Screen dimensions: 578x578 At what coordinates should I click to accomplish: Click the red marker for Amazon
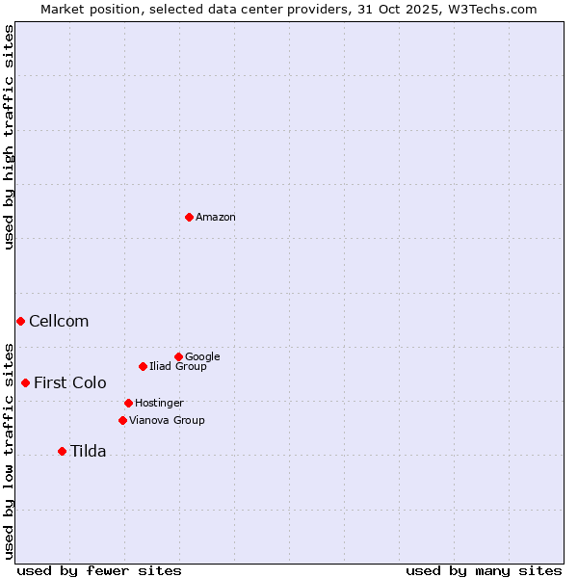[x=189, y=217]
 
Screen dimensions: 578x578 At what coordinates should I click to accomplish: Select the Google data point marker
[x=178, y=356]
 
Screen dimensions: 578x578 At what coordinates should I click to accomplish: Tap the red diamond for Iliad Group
[x=143, y=366]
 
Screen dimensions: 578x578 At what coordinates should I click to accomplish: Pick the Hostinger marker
[x=128, y=403]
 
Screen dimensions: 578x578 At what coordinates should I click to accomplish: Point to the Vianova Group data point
[x=122, y=420]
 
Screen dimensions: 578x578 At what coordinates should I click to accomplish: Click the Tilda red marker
[x=62, y=451]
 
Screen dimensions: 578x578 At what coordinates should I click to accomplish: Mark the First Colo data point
[x=25, y=382]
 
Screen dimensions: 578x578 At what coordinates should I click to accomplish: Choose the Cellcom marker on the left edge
[x=20, y=321]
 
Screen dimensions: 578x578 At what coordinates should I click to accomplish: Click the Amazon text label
[x=216, y=218]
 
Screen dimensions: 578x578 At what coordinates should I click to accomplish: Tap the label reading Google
[x=202, y=356]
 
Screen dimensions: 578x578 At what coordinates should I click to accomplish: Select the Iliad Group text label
[x=178, y=367]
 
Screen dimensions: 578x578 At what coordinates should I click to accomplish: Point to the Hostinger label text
[x=159, y=403]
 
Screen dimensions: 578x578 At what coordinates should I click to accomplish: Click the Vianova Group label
[x=167, y=421]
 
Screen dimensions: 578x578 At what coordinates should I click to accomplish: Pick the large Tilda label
[x=88, y=452]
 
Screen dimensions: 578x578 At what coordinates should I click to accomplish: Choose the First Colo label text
[x=70, y=383]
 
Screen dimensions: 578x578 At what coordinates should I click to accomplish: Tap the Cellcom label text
[x=59, y=322]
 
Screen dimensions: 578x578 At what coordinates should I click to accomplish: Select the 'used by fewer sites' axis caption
[x=99, y=570]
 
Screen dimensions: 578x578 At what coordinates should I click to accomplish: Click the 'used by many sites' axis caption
[x=484, y=570]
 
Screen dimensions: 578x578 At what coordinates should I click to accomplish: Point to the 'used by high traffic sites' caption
[x=9, y=137]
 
